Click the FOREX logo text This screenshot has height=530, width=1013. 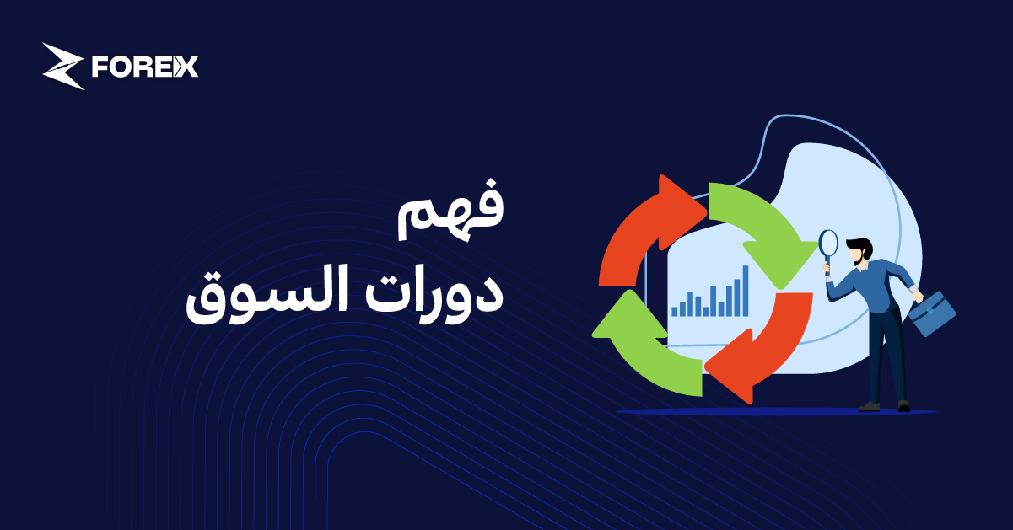click(144, 67)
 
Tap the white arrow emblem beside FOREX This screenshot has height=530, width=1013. click(63, 66)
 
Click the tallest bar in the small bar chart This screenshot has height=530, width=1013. click(746, 291)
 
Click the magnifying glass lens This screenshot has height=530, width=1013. click(828, 244)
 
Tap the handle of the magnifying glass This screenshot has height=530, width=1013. click(827, 268)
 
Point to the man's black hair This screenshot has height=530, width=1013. click(859, 246)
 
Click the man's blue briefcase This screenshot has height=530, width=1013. click(933, 313)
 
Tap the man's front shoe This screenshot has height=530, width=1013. click(868, 406)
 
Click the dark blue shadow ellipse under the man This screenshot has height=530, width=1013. click(776, 412)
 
